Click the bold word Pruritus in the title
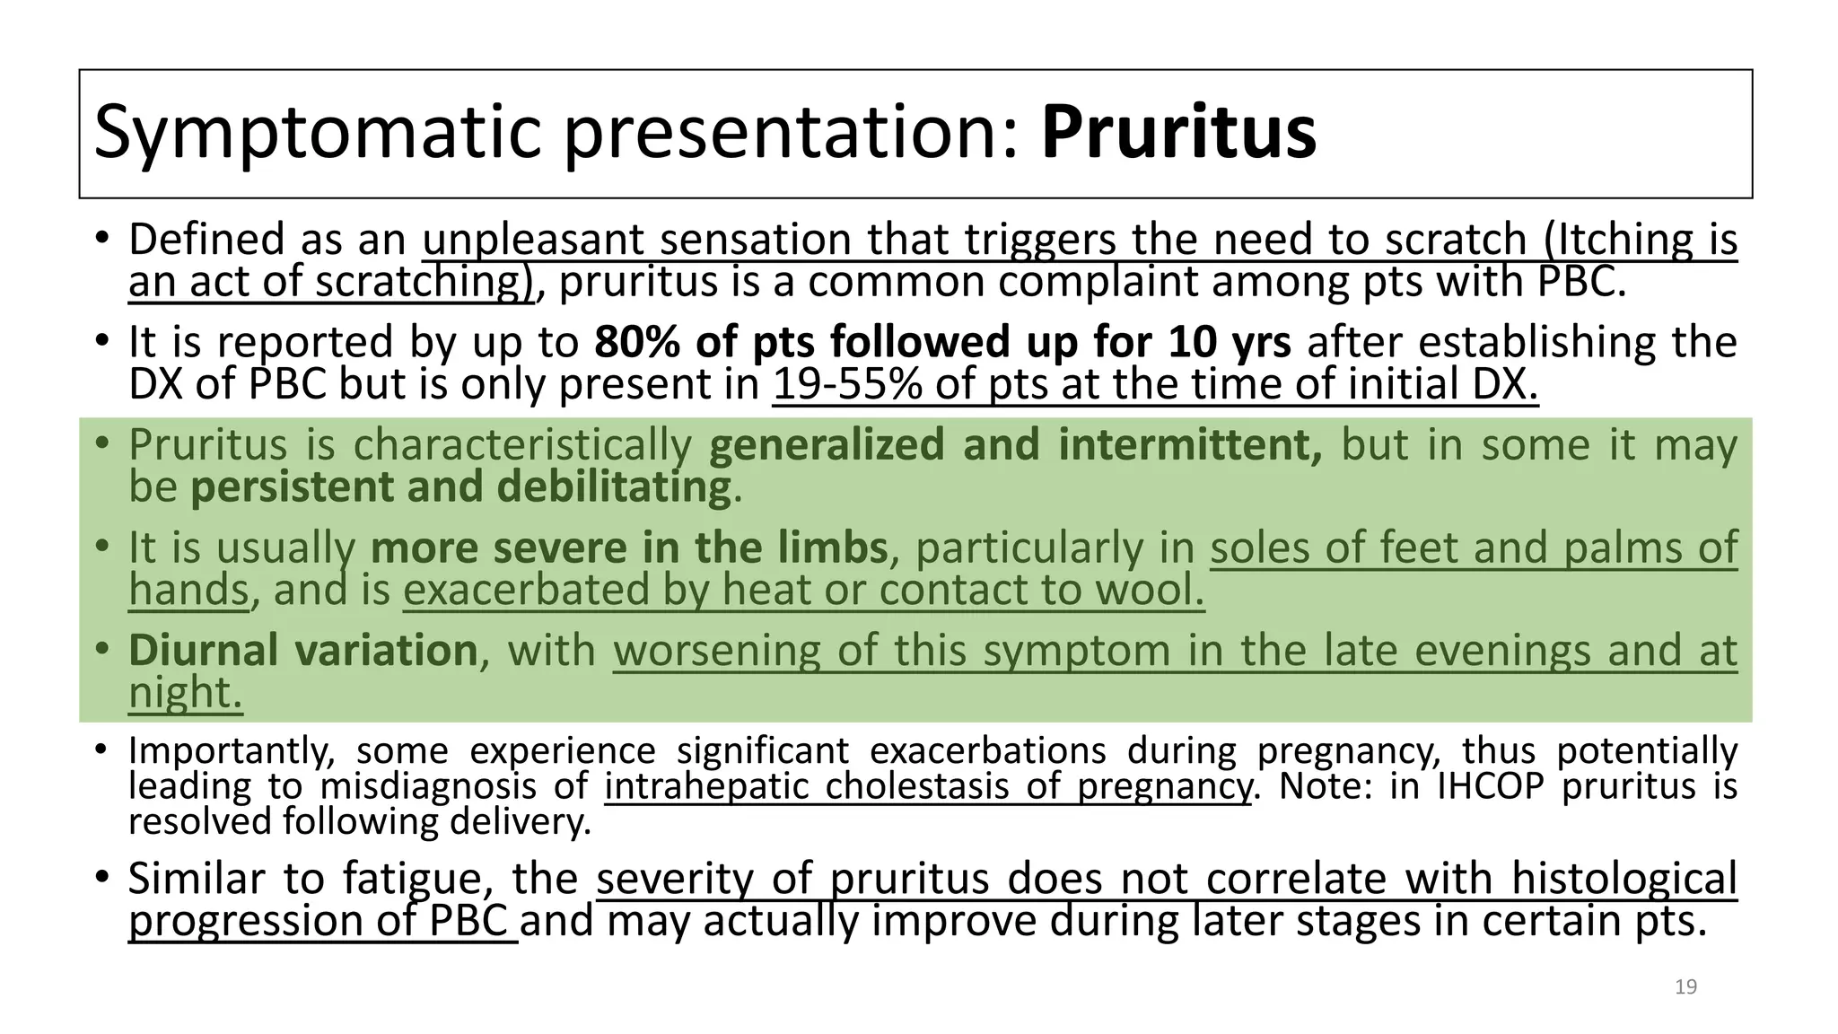(x=1177, y=133)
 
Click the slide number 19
(x=1685, y=987)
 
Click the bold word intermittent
(x=1190, y=445)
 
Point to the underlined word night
(x=185, y=693)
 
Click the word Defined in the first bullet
(x=207, y=240)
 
